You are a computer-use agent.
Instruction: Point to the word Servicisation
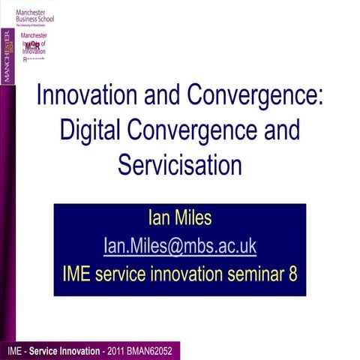point(179,163)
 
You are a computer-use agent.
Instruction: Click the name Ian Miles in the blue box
point(180,219)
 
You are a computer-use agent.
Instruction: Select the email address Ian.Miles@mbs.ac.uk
point(180,246)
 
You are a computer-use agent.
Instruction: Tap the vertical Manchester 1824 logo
point(7,56)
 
